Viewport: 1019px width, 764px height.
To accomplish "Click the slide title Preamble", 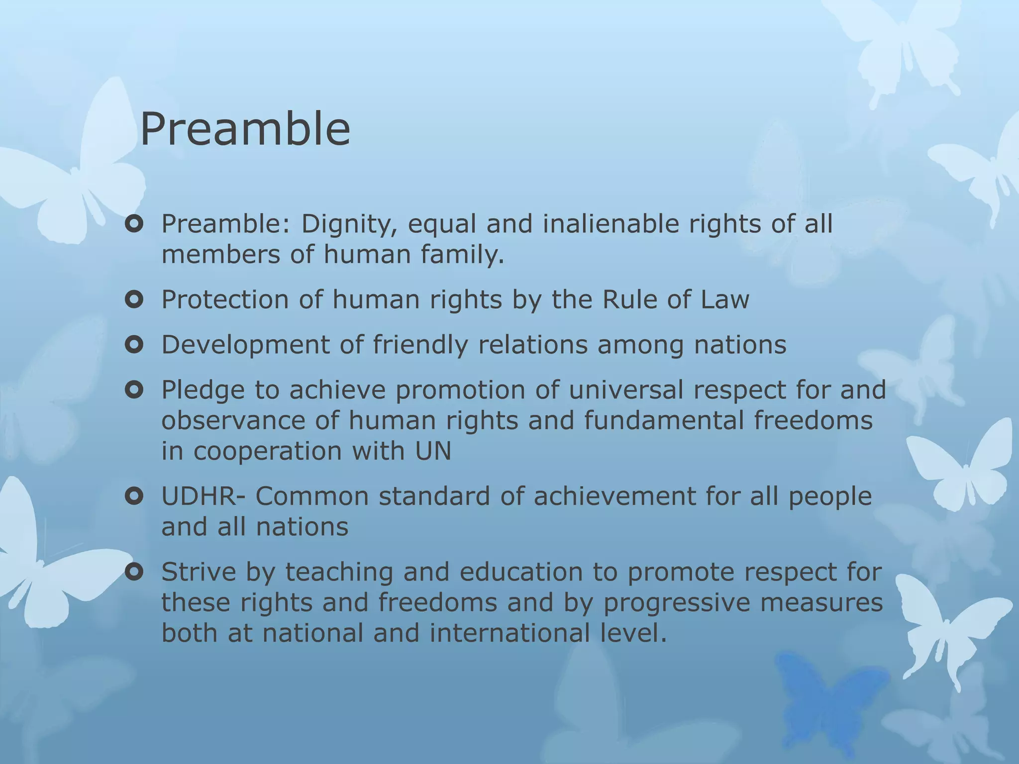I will pyautogui.click(x=245, y=129).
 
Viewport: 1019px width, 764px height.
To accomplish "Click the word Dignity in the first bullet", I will pyautogui.click(x=348, y=224).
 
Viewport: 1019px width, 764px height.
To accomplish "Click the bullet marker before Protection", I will pyautogui.click(x=134, y=300).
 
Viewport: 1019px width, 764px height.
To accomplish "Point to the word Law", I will pyautogui.click(x=724, y=300).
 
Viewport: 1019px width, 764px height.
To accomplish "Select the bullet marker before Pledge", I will pyautogui.click(x=134, y=390).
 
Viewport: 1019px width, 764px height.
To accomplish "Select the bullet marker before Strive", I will pyautogui.click(x=134, y=573).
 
